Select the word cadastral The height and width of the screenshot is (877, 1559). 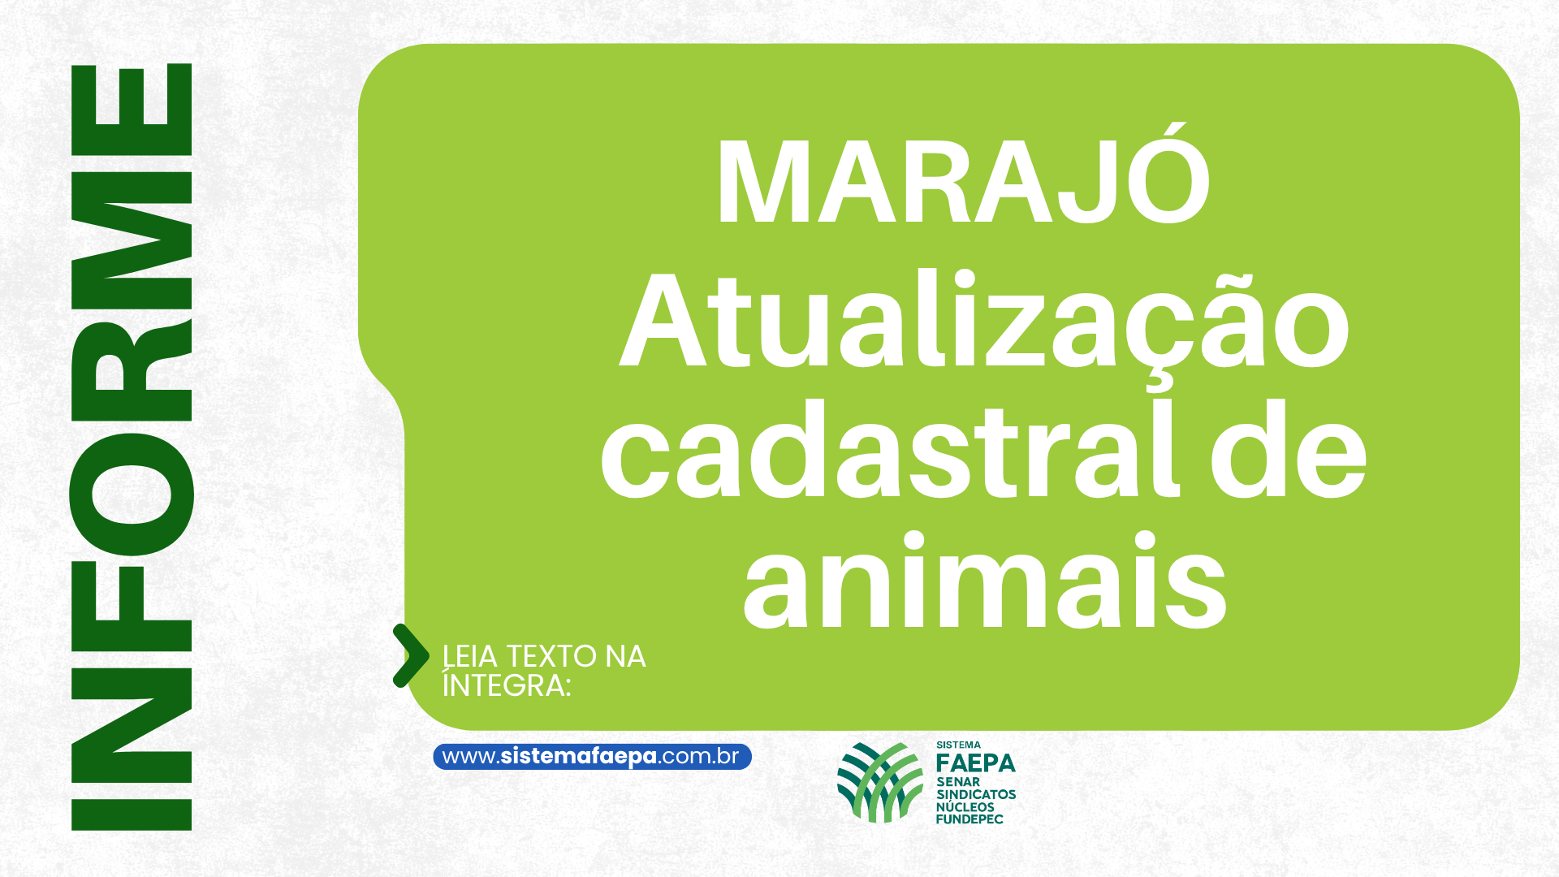(890, 449)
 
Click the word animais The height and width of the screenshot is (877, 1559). (985, 581)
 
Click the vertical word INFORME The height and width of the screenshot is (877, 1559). (132, 447)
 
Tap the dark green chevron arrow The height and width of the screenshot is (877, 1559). (411, 656)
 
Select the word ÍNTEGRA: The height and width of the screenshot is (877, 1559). (507, 684)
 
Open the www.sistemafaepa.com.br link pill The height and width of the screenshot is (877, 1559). (592, 757)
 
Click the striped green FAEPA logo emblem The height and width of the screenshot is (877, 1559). (881, 782)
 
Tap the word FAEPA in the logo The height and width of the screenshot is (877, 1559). (976, 763)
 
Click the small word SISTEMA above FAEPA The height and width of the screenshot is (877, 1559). (959, 745)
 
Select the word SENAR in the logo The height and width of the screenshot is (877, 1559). (958, 782)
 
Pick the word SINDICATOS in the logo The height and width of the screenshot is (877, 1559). (976, 794)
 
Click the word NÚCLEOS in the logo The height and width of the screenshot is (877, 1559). (965, 807)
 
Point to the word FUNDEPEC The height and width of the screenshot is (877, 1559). (970, 819)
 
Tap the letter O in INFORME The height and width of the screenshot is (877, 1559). (132, 495)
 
